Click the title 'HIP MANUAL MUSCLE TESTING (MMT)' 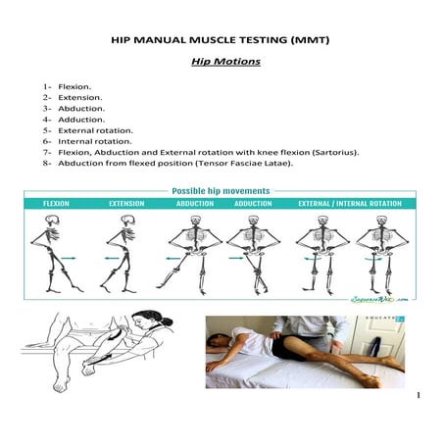tap(222, 42)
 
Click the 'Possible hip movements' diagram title tap(221, 191)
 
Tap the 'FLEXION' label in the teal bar tap(55, 204)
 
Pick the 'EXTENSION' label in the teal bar tap(126, 204)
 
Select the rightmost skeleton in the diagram tap(377, 255)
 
